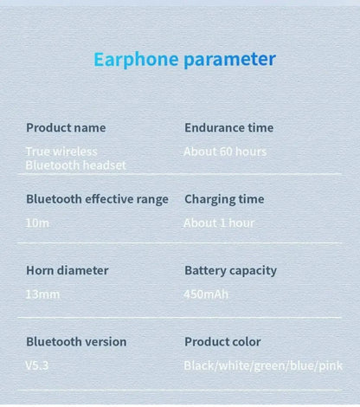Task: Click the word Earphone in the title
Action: [x=136, y=60]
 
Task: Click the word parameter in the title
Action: [x=229, y=60]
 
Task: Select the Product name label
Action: [x=66, y=128]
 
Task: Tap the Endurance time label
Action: [x=228, y=128]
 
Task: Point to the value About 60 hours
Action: [x=225, y=152]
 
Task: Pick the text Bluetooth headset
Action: [x=75, y=165]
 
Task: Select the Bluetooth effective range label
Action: [x=97, y=199]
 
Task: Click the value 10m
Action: [x=38, y=223]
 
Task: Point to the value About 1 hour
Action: [x=219, y=223]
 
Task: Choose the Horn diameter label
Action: [x=67, y=270]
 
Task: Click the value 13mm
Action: [x=43, y=294]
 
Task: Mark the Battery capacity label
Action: [x=230, y=270]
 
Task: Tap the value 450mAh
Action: [x=206, y=294]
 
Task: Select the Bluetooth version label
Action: [x=76, y=341]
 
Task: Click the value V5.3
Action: [x=37, y=365]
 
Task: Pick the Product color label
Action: [x=222, y=341]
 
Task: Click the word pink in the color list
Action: [x=331, y=365]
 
